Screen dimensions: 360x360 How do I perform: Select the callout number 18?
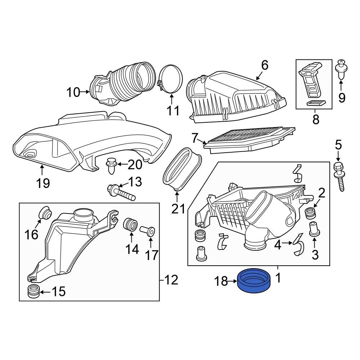pos(221,281)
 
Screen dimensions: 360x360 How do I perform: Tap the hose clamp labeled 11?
pos(170,79)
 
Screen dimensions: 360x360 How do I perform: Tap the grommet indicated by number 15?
pos(33,291)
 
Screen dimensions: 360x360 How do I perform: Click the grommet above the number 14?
pos(131,225)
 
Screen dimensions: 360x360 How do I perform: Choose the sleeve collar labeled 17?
pos(149,230)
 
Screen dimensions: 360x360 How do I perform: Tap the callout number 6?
pos(265,66)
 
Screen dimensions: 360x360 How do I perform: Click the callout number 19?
pos(43,183)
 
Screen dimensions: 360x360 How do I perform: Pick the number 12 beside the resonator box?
pos(172,280)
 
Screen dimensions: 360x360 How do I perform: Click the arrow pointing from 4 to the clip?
pos(288,244)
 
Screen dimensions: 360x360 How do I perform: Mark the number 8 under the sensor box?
pos(316,120)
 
